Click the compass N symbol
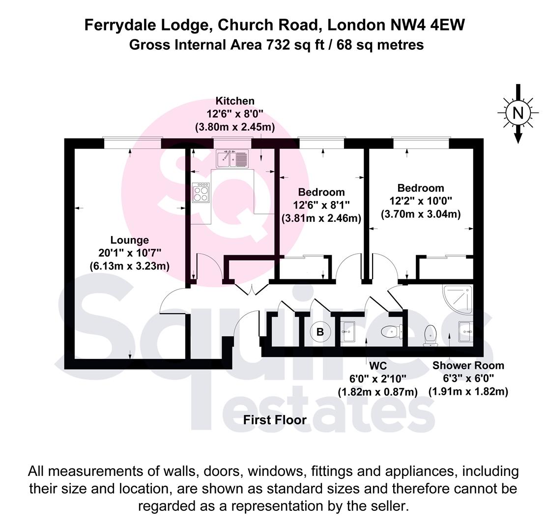[x=518, y=113]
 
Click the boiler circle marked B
[x=320, y=332]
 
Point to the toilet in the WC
[x=392, y=332]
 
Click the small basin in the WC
[x=348, y=330]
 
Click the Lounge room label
[x=129, y=240]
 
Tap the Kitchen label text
[x=235, y=101]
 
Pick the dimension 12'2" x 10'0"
[x=421, y=201]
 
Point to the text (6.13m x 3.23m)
[x=129, y=266]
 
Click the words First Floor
[x=275, y=420]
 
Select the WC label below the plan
[x=378, y=366]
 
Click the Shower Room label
[x=468, y=366]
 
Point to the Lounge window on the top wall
[x=132, y=143]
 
